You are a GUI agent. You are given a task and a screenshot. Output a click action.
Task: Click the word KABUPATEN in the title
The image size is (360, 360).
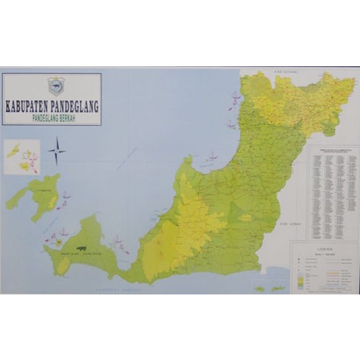(x=28, y=106)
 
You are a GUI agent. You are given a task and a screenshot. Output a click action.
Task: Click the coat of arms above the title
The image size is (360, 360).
(x=56, y=86)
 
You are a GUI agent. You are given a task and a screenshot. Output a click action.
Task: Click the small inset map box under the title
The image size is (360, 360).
(x=22, y=156)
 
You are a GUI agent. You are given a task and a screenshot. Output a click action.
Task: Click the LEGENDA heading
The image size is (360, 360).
(x=324, y=247)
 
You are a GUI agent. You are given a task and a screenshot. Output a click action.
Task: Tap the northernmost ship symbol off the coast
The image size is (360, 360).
(x=234, y=96)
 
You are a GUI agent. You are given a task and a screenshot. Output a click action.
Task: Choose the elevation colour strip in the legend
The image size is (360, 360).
(x=302, y=279)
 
